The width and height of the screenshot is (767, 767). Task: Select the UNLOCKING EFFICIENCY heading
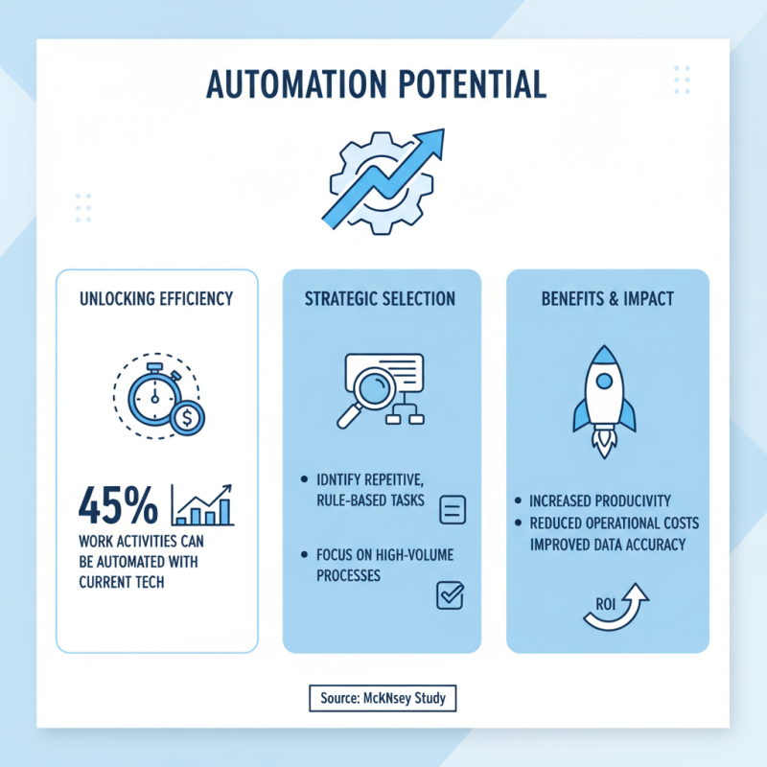[x=156, y=299]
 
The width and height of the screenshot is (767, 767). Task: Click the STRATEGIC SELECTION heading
[x=381, y=299]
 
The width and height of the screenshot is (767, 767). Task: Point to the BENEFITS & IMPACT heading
[x=607, y=299]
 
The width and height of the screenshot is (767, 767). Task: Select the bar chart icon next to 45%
[x=203, y=504]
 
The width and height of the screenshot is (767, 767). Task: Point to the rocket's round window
[x=603, y=381]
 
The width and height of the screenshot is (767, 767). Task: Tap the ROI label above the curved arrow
[x=602, y=604]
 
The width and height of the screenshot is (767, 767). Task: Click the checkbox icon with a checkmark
[x=450, y=595]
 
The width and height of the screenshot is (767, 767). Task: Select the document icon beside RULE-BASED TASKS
[x=451, y=510]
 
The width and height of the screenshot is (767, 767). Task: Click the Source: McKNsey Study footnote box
[x=383, y=698]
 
